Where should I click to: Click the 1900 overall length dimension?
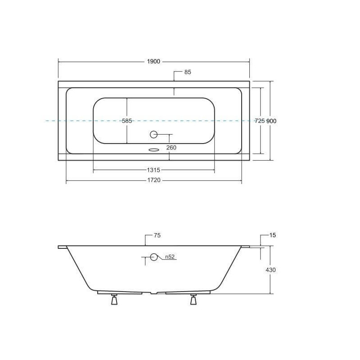coord(153,62)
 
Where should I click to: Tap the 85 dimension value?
coord(188,72)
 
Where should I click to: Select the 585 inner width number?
coord(127,121)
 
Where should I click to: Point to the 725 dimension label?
coord(260,121)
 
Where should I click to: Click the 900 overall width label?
coord(271,121)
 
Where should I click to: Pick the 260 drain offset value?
coord(171,148)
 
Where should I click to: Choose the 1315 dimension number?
coord(153,170)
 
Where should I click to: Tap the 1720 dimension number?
coord(154,180)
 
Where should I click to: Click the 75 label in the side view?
coord(157,235)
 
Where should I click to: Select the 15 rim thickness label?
coord(273,235)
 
